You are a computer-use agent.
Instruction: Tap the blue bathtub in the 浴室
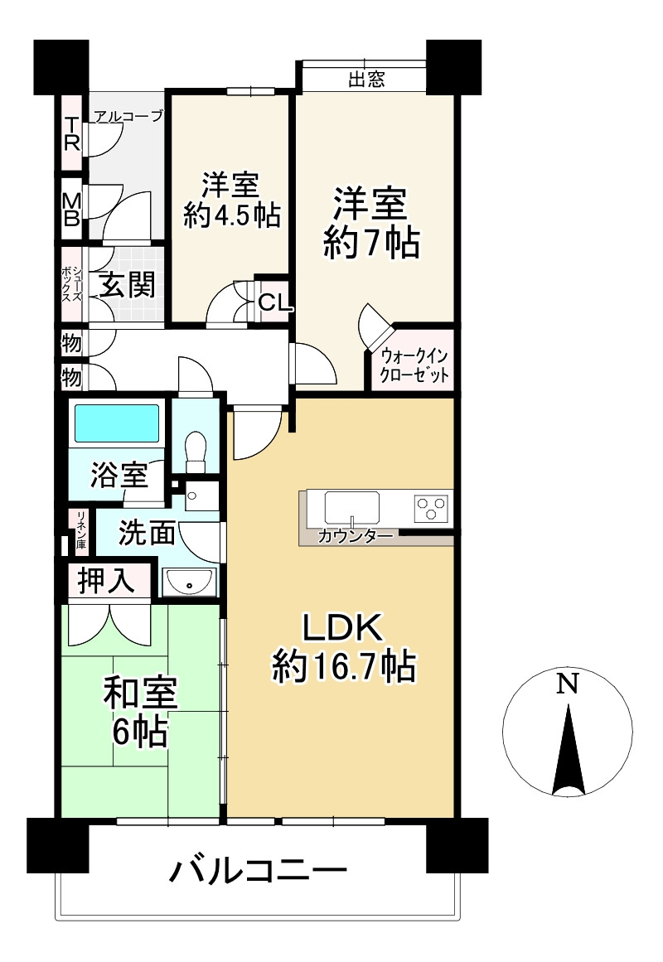pyautogui.click(x=117, y=422)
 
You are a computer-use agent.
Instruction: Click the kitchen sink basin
pyautogui.click(x=351, y=507)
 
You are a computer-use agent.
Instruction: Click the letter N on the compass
pyautogui.click(x=568, y=683)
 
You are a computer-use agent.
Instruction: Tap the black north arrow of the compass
pyautogui.click(x=568, y=751)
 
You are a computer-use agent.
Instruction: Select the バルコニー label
pyautogui.click(x=259, y=871)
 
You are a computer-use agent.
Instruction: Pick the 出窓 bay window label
pyautogui.click(x=366, y=80)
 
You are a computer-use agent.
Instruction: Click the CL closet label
pyautogui.click(x=273, y=302)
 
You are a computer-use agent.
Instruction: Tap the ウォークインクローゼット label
pyautogui.click(x=414, y=365)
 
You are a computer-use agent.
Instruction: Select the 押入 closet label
pyautogui.click(x=106, y=580)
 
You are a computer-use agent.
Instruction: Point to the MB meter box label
pyautogui.click(x=72, y=209)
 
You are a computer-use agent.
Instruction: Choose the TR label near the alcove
pyautogui.click(x=72, y=133)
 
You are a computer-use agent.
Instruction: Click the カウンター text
pyautogui.click(x=356, y=537)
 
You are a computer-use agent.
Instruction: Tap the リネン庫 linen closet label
pyautogui.click(x=80, y=529)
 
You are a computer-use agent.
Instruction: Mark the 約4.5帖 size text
pyautogui.click(x=232, y=216)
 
